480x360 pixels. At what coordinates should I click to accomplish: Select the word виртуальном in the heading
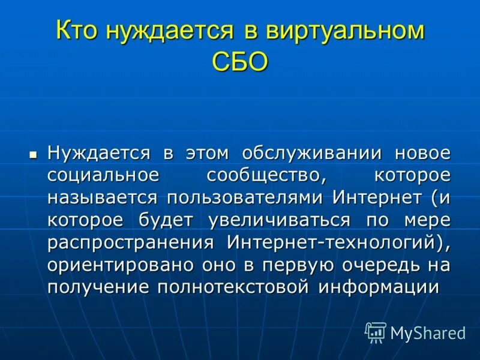point(342,31)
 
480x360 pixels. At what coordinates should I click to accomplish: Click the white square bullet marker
point(34,154)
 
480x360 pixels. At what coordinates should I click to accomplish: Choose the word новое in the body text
point(422,153)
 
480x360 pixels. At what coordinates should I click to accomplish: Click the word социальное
point(103,176)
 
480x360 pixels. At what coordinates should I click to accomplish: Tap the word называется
point(103,198)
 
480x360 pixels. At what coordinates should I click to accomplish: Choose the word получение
point(97,287)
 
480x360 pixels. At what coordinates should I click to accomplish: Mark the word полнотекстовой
point(233,287)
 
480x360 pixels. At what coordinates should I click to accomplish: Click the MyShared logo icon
point(376,332)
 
